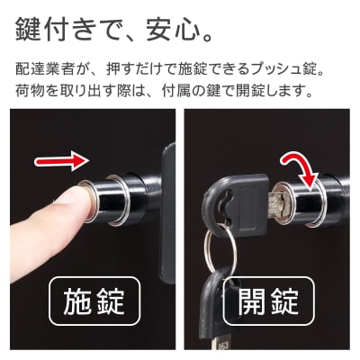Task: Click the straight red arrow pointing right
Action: coord(58,162)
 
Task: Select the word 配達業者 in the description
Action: coord(46,68)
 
